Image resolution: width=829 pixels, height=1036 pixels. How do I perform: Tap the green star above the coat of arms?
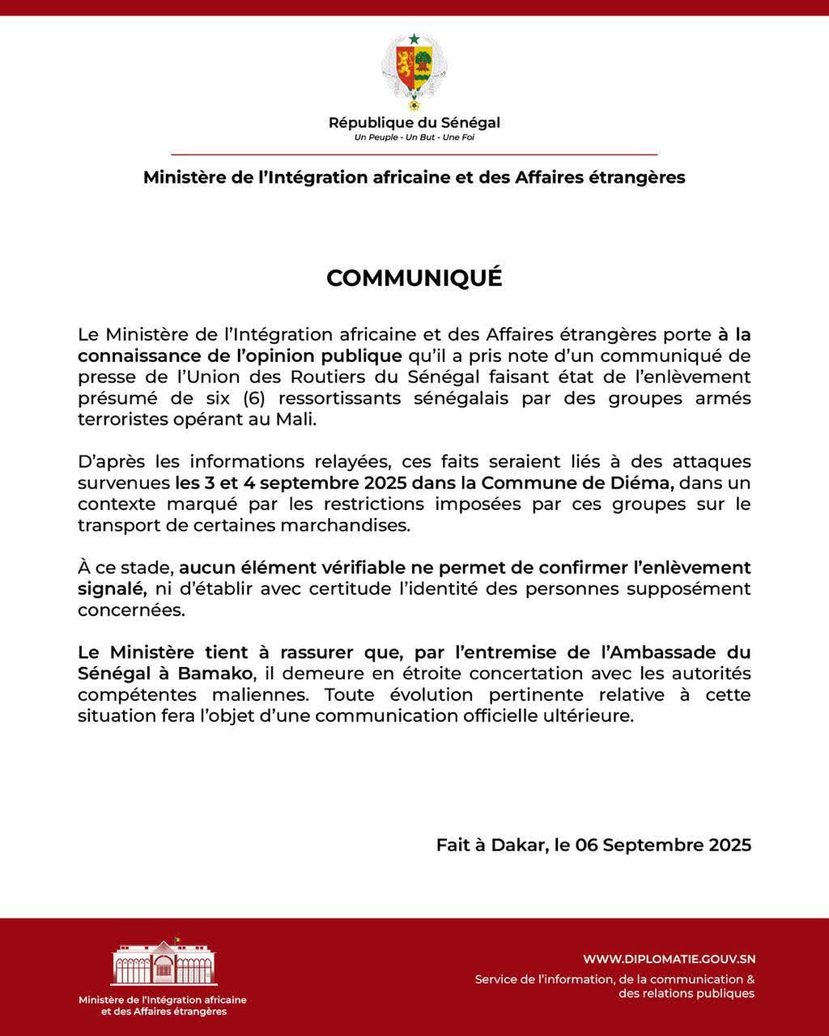[414, 39]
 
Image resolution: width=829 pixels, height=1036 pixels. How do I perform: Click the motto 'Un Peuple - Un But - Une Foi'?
[414, 138]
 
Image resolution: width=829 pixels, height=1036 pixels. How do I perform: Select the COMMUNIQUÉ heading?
[414, 278]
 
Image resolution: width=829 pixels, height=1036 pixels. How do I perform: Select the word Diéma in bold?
[646, 483]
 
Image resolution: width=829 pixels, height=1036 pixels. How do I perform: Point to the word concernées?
[130, 609]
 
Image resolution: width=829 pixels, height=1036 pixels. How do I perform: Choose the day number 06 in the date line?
[586, 845]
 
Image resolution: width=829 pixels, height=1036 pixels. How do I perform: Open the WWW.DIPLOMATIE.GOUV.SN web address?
[669, 959]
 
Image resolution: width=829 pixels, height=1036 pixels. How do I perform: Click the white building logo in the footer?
[164, 962]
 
